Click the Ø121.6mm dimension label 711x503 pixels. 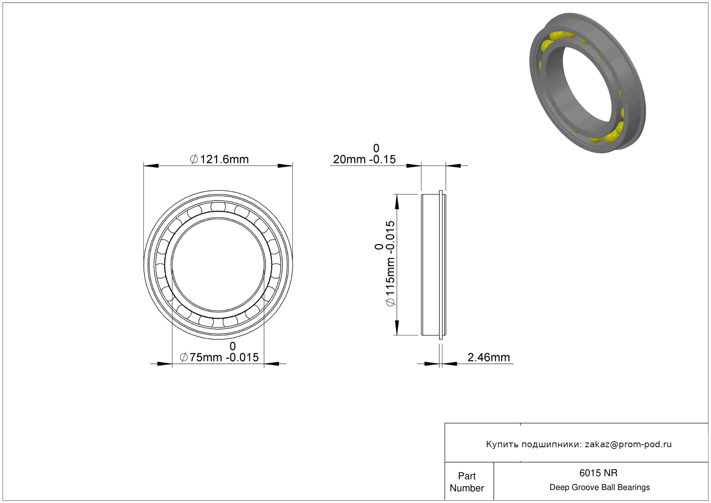click(219, 159)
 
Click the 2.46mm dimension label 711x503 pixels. click(489, 357)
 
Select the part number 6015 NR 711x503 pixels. click(598, 473)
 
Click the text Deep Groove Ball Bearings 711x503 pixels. click(600, 487)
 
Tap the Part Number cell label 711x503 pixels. click(467, 482)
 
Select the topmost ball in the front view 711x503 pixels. click(218, 207)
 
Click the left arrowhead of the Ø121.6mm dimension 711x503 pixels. click(151, 166)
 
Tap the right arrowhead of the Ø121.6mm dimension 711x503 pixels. click(285, 166)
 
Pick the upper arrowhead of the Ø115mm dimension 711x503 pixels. click(397, 202)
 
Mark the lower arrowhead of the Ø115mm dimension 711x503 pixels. click(397, 328)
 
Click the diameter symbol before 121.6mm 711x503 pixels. click(194, 159)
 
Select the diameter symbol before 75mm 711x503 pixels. click(184, 357)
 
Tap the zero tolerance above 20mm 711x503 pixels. click(376, 148)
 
